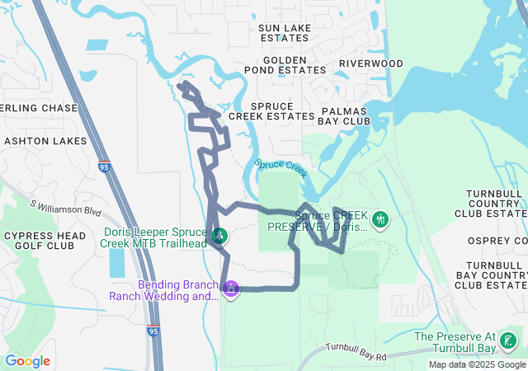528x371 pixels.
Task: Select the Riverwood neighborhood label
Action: click(x=370, y=63)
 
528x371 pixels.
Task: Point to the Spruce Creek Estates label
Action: click(x=271, y=111)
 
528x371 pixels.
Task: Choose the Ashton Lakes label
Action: click(x=45, y=141)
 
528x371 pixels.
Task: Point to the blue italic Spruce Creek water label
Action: click(x=280, y=167)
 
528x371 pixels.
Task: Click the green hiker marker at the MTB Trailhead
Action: click(x=219, y=237)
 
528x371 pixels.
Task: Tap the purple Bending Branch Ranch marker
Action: click(x=232, y=289)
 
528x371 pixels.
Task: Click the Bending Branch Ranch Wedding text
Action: click(x=160, y=290)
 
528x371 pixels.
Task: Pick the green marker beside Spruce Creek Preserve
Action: click(x=379, y=219)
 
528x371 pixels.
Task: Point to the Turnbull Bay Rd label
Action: click(x=356, y=352)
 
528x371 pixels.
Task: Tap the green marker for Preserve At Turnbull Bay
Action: click(x=508, y=340)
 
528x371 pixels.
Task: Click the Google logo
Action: click(x=27, y=361)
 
